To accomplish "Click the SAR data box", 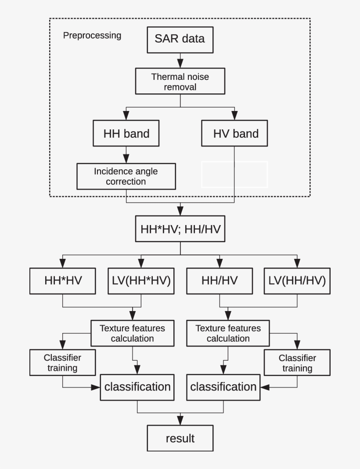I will (x=180, y=39).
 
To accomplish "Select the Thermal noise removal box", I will (x=180, y=82).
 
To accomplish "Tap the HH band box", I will (x=126, y=134).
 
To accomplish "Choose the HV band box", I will (x=235, y=134).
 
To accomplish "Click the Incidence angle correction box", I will (x=126, y=176).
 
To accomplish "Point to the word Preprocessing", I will (x=92, y=36).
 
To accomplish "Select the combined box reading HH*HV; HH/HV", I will (x=180, y=229).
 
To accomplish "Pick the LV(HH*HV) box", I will (x=139, y=281).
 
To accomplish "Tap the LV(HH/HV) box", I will (x=297, y=281).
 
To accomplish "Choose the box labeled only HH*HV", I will (x=63, y=281).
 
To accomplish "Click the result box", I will (x=180, y=438).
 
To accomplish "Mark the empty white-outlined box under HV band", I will (x=234, y=174).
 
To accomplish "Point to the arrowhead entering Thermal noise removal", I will (x=180, y=64).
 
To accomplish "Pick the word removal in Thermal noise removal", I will (x=180, y=87).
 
